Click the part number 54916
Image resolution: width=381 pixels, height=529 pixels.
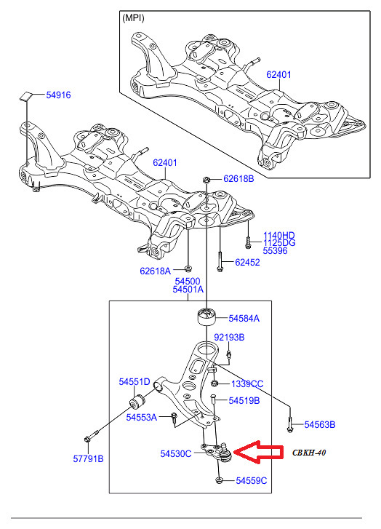tap(59, 95)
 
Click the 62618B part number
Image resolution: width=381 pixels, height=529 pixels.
tap(239, 178)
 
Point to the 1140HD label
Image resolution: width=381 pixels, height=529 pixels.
tap(279, 235)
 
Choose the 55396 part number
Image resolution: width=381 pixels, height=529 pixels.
tap(276, 251)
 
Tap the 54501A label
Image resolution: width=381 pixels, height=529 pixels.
tap(187, 290)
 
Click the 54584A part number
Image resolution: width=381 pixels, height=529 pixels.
tap(244, 318)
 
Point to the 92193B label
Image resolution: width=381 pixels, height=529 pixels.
tap(229, 337)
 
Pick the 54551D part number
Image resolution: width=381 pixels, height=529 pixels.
tap(135, 381)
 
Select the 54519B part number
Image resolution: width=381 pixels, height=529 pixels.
tap(244, 400)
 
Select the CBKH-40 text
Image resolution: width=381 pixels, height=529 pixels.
tap(310, 453)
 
